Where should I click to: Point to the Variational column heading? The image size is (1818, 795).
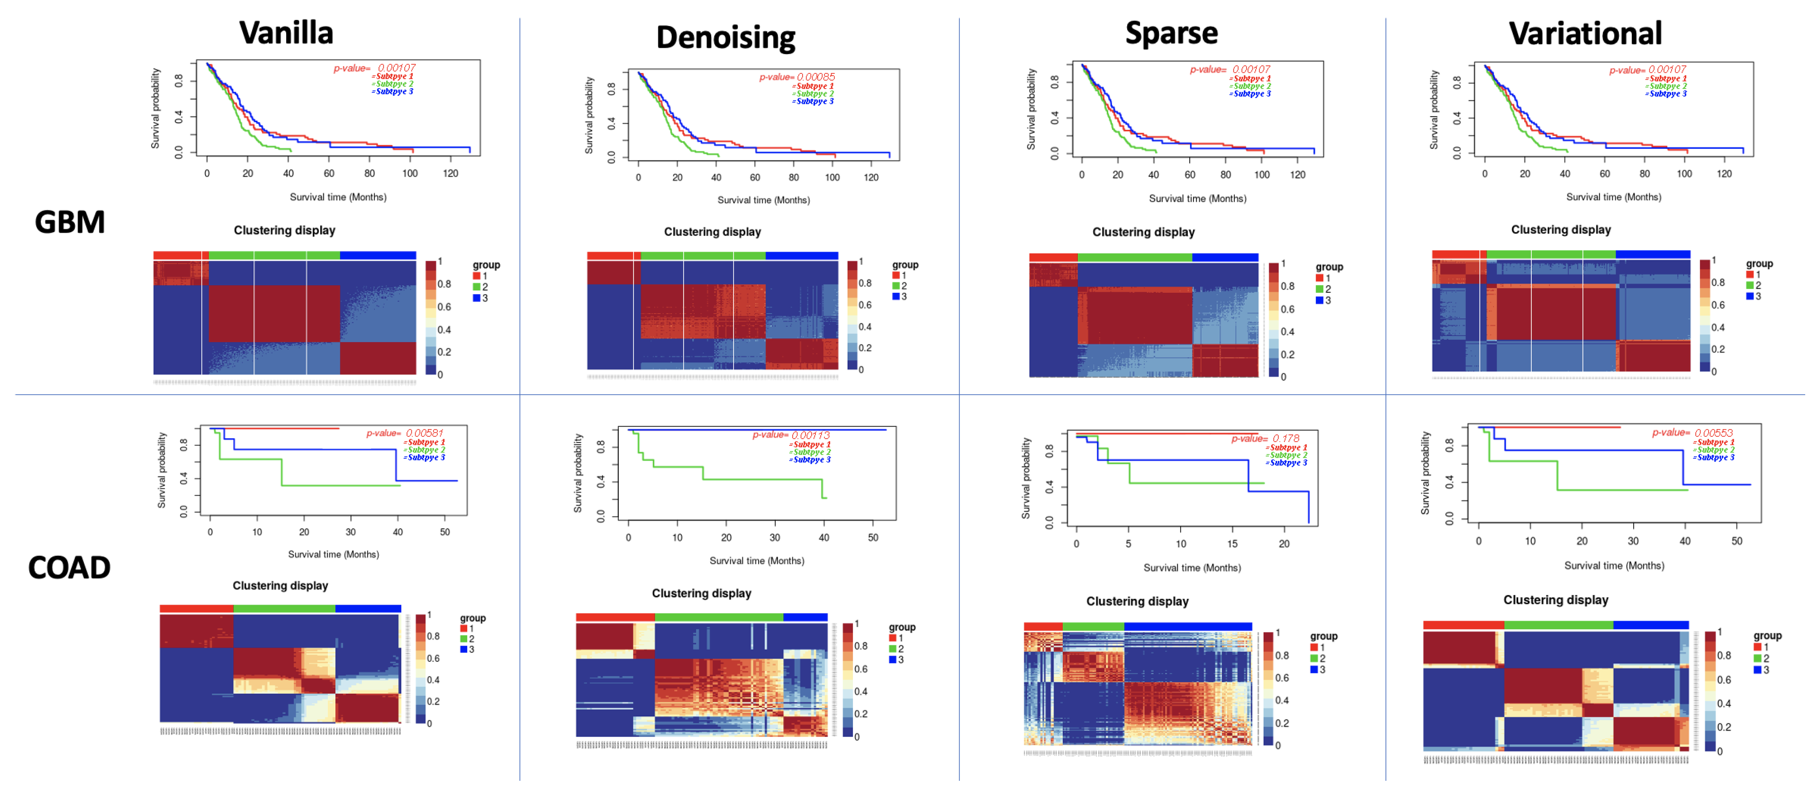point(1585,33)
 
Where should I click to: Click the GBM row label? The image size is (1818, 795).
point(70,222)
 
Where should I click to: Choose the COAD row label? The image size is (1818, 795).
point(69,568)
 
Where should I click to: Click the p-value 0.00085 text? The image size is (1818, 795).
point(797,77)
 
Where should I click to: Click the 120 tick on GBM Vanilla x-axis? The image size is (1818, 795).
point(450,173)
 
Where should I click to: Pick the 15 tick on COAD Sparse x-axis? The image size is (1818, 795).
point(1232,544)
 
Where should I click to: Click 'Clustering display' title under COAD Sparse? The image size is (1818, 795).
point(1137,601)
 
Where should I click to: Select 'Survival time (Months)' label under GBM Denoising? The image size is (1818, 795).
point(764,200)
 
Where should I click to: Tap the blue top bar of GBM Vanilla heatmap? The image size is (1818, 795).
point(378,255)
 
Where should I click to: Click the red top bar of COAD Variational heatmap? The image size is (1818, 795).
point(1463,625)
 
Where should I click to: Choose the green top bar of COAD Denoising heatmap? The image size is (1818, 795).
point(718,617)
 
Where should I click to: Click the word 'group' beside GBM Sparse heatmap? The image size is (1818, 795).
point(1329,267)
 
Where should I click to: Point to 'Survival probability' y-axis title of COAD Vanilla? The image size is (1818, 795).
point(162,470)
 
